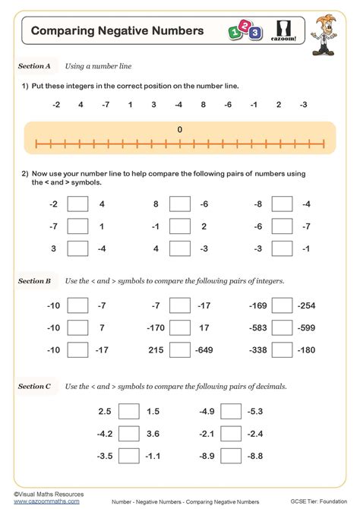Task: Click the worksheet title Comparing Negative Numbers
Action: tap(117, 31)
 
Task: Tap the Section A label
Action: tap(34, 67)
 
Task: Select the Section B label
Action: tap(34, 281)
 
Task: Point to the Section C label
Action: tap(34, 387)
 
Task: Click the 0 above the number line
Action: tap(180, 130)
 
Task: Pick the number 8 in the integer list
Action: tap(203, 104)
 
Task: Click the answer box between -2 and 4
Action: tap(77, 204)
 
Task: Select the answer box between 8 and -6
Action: tap(179, 204)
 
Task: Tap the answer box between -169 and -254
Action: tap(282, 305)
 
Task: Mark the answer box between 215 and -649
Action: tap(179, 349)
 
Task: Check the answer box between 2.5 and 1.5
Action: tap(129, 411)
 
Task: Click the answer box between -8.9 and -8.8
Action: tap(232, 455)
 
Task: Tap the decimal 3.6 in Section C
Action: tap(153, 433)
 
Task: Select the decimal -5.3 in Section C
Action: tap(254, 411)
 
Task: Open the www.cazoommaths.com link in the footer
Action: tap(37, 502)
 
